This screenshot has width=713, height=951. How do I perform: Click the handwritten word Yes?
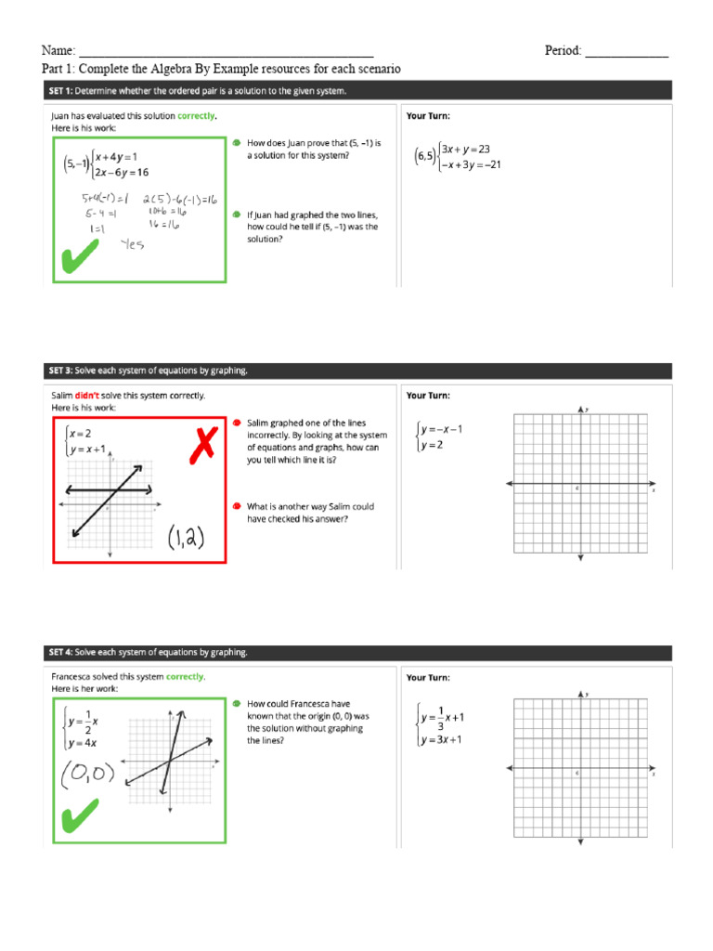coord(132,245)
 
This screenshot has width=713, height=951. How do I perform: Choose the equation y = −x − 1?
coord(443,429)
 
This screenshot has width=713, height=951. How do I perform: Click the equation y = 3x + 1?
coord(446,740)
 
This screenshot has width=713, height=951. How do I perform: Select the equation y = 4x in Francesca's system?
coord(82,742)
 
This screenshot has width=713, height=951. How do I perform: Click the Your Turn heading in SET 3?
coord(428,396)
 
